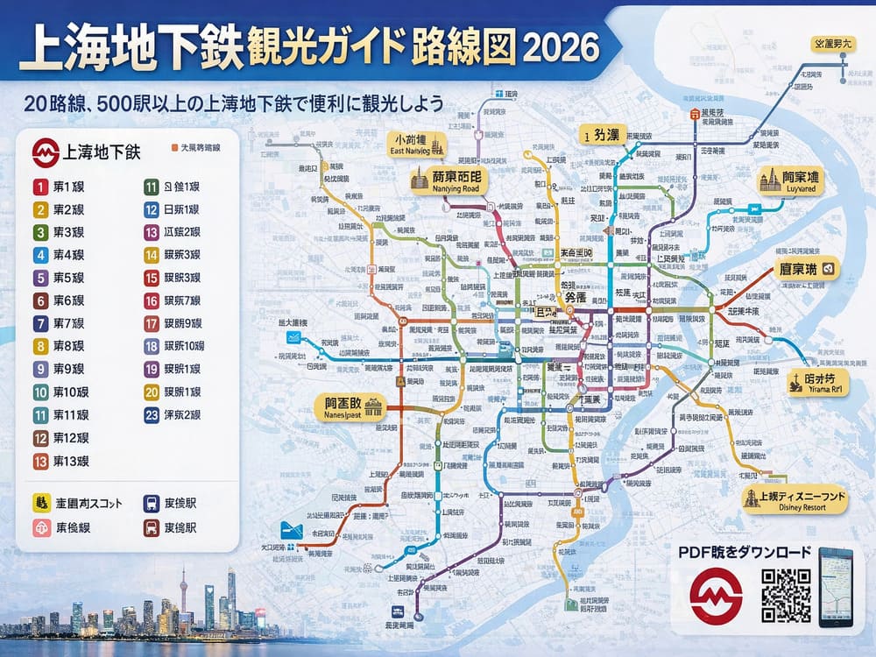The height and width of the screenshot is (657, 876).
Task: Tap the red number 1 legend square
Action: click(x=40, y=187)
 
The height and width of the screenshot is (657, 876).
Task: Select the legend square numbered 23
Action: click(x=151, y=414)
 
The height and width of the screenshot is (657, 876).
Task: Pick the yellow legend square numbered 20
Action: click(x=151, y=392)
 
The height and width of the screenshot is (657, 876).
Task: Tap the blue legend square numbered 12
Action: click(x=151, y=209)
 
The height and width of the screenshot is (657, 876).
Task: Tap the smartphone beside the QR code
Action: click(x=835, y=587)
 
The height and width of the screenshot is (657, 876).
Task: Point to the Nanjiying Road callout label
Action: click(x=446, y=180)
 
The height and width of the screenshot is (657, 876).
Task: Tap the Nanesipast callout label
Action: click(x=350, y=406)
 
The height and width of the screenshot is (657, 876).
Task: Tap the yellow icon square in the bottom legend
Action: click(x=40, y=503)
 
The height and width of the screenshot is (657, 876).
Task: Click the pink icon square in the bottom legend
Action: click(x=40, y=527)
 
